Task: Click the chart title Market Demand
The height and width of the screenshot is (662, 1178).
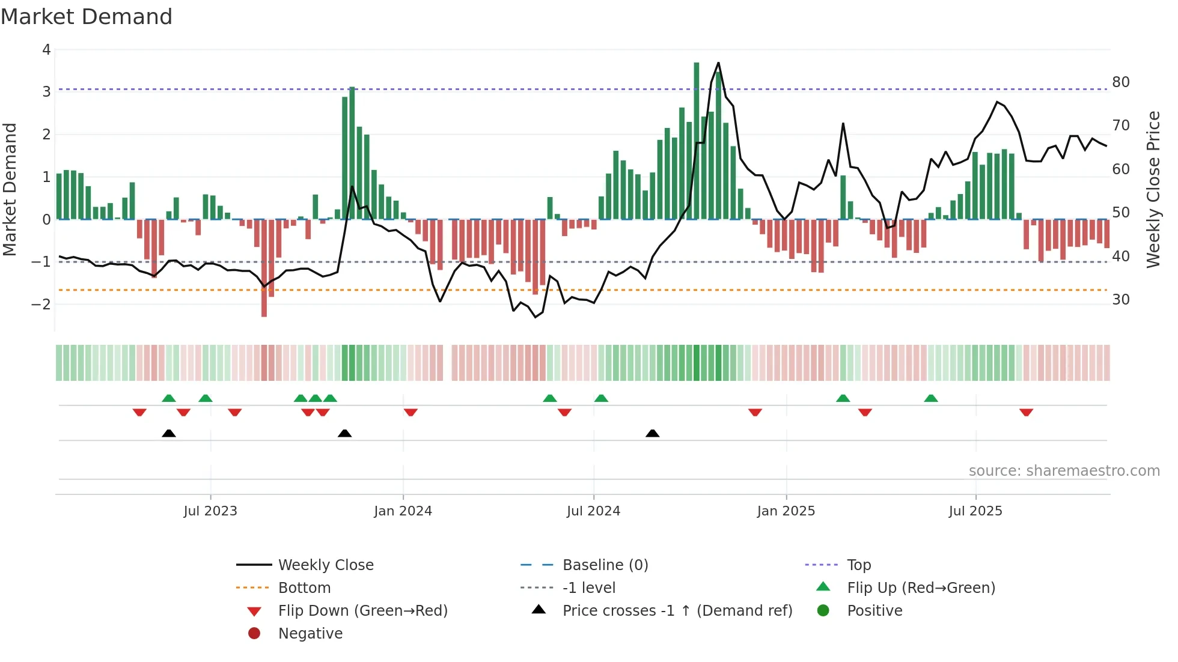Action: pos(87,17)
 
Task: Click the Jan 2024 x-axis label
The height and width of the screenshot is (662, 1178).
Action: pos(403,511)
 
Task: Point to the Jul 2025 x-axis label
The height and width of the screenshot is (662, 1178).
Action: pos(975,511)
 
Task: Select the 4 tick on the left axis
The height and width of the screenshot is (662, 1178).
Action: pos(46,50)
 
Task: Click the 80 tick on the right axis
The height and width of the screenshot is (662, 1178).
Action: pos(1121,82)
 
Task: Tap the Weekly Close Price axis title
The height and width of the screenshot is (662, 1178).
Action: pos(1153,189)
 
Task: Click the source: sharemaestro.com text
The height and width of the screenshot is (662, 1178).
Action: pos(1064,471)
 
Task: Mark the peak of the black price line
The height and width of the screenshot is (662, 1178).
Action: pos(718,63)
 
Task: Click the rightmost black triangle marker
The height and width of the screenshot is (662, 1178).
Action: pos(653,433)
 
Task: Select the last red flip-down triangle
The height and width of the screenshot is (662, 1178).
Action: pos(1026,412)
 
